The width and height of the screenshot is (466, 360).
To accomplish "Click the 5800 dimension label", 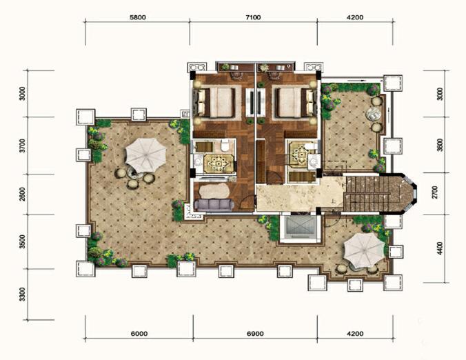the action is click(x=138, y=17).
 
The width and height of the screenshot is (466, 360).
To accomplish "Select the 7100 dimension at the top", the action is click(x=253, y=17).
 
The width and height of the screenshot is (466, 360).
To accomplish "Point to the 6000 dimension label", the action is click(x=139, y=334).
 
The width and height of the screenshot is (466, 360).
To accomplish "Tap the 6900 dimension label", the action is click(x=255, y=334).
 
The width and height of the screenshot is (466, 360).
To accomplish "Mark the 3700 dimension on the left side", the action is click(x=22, y=146).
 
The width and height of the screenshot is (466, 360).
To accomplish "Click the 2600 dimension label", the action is click(x=22, y=194).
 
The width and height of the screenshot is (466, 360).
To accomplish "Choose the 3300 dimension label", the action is click(x=22, y=294).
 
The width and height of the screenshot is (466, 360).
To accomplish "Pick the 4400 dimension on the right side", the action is click(x=440, y=248).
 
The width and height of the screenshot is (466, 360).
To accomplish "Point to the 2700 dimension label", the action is click(x=435, y=192).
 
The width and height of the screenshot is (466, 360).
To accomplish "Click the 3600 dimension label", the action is click(x=440, y=145).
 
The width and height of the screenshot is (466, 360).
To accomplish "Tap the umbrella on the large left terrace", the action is click(x=145, y=155).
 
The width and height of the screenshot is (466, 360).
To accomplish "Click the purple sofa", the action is click(x=214, y=205).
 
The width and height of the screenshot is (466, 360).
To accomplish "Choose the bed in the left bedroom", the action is click(x=216, y=102).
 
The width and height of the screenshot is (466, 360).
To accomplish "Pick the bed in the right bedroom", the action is click(x=296, y=102).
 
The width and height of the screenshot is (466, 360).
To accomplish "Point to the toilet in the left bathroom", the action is click(x=225, y=146).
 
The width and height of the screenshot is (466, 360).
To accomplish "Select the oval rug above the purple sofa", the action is click(x=214, y=190).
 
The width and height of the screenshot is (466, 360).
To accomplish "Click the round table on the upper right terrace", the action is click(x=373, y=114).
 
